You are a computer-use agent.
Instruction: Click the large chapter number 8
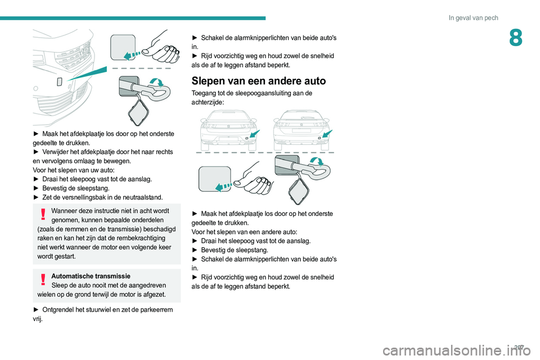516,38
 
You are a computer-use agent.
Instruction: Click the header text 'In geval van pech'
473,18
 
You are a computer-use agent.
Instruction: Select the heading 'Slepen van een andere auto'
259,81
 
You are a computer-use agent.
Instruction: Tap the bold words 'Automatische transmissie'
91,276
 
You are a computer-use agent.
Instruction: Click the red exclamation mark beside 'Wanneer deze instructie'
43,214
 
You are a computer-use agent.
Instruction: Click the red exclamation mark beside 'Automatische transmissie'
43,280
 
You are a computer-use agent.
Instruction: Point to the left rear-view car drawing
228,130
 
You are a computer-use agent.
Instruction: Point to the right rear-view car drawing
301,130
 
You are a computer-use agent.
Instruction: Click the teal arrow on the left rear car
255,134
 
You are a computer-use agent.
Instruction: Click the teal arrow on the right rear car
327,134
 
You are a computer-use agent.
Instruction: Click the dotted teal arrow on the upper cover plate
132,55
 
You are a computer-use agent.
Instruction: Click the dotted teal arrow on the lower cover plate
223,187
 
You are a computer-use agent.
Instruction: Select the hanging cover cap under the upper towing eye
139,112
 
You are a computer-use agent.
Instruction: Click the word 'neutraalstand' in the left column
143,197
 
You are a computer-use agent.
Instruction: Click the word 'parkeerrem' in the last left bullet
156,310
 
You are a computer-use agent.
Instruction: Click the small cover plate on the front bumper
59,82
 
